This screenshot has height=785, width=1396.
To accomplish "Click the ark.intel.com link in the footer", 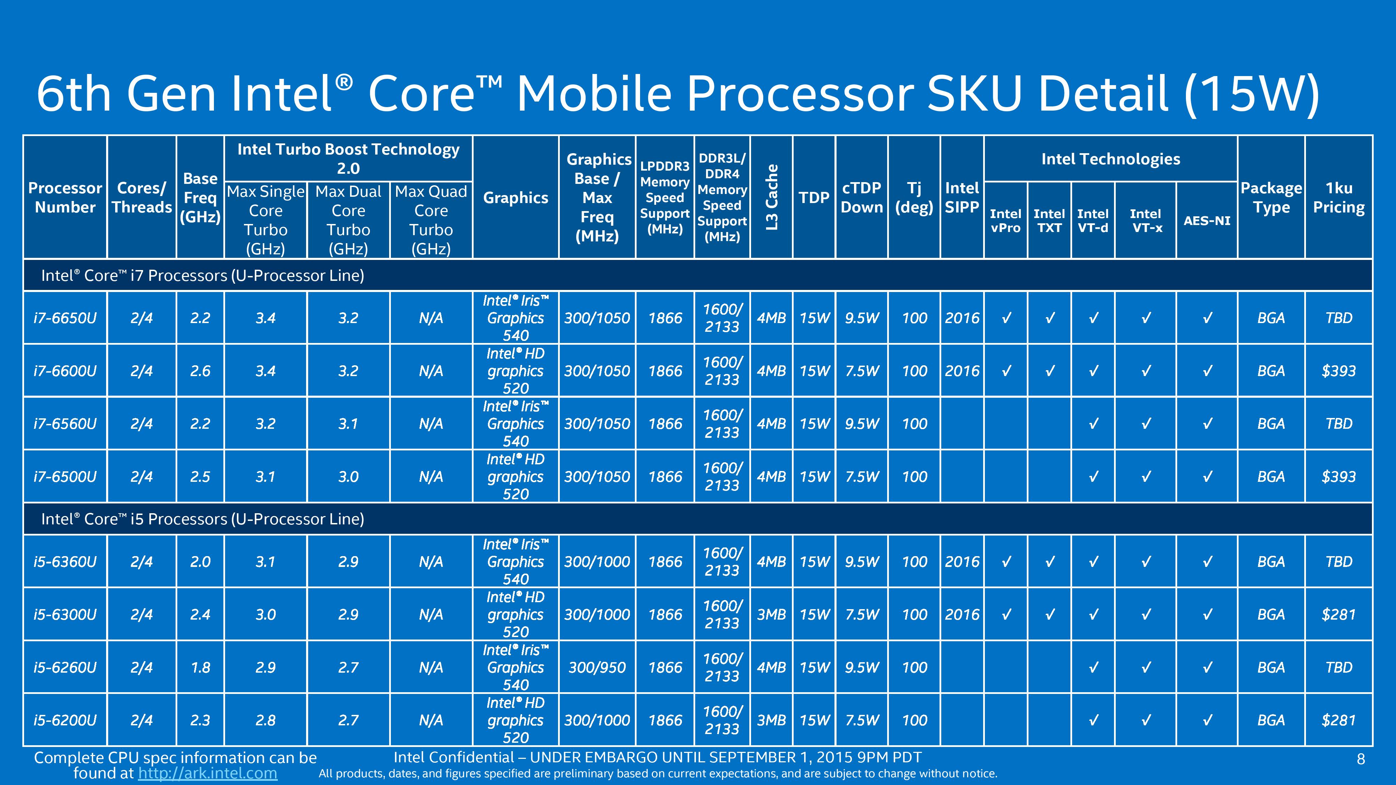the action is tap(208, 773).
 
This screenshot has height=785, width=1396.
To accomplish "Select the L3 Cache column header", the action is tap(772, 197).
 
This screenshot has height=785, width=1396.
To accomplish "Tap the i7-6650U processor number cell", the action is tap(65, 317).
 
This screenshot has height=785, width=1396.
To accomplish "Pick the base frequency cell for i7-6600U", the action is tap(200, 371).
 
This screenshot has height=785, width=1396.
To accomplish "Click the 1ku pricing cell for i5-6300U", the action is tap(1338, 614).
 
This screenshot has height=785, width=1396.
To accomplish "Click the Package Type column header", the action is tap(1271, 197).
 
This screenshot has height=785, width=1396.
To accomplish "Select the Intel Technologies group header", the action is tap(1111, 159).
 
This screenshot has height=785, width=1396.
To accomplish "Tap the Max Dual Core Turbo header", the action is tap(348, 220).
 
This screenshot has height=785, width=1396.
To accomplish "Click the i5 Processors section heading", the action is tap(203, 519).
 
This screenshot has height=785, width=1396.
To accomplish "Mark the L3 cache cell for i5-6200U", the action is tap(771, 720).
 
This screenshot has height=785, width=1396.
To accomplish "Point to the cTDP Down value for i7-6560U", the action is tap(862, 424).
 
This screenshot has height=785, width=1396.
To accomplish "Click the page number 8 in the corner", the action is tap(1360, 759).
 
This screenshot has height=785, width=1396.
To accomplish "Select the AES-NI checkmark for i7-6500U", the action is tap(1208, 477).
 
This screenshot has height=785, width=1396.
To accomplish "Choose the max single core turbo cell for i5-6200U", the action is tap(266, 720).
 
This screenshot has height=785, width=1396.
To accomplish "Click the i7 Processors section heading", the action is tap(203, 275).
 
